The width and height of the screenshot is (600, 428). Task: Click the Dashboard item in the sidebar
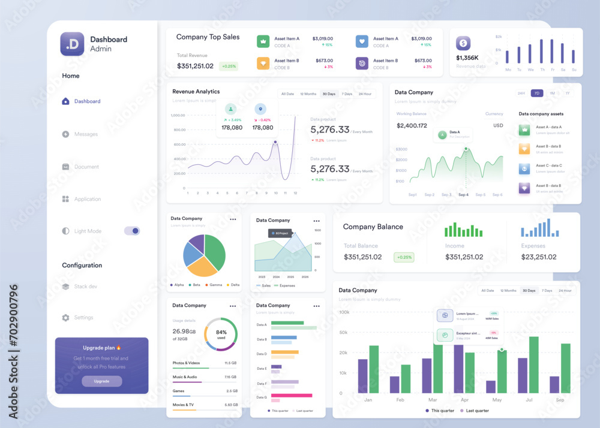coord(87,101)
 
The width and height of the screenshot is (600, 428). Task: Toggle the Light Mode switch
coord(132,231)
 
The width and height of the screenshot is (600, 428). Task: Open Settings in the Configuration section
coord(83,318)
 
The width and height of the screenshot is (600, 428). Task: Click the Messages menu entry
coord(86,134)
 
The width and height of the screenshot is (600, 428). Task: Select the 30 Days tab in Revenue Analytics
coord(329,94)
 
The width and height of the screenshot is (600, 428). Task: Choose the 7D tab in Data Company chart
coord(537,94)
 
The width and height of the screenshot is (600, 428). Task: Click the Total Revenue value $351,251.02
coord(195,66)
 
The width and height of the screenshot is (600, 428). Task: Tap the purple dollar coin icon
coord(463,43)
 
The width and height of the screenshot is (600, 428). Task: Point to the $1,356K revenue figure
coord(467,58)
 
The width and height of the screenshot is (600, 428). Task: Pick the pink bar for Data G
coord(292,396)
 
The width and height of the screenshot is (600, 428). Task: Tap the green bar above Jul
coord(533,364)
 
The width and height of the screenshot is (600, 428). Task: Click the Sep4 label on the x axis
coord(463,195)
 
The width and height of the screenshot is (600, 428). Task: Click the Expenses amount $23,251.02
coord(538,257)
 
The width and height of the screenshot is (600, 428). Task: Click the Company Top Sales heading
coord(208,37)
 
